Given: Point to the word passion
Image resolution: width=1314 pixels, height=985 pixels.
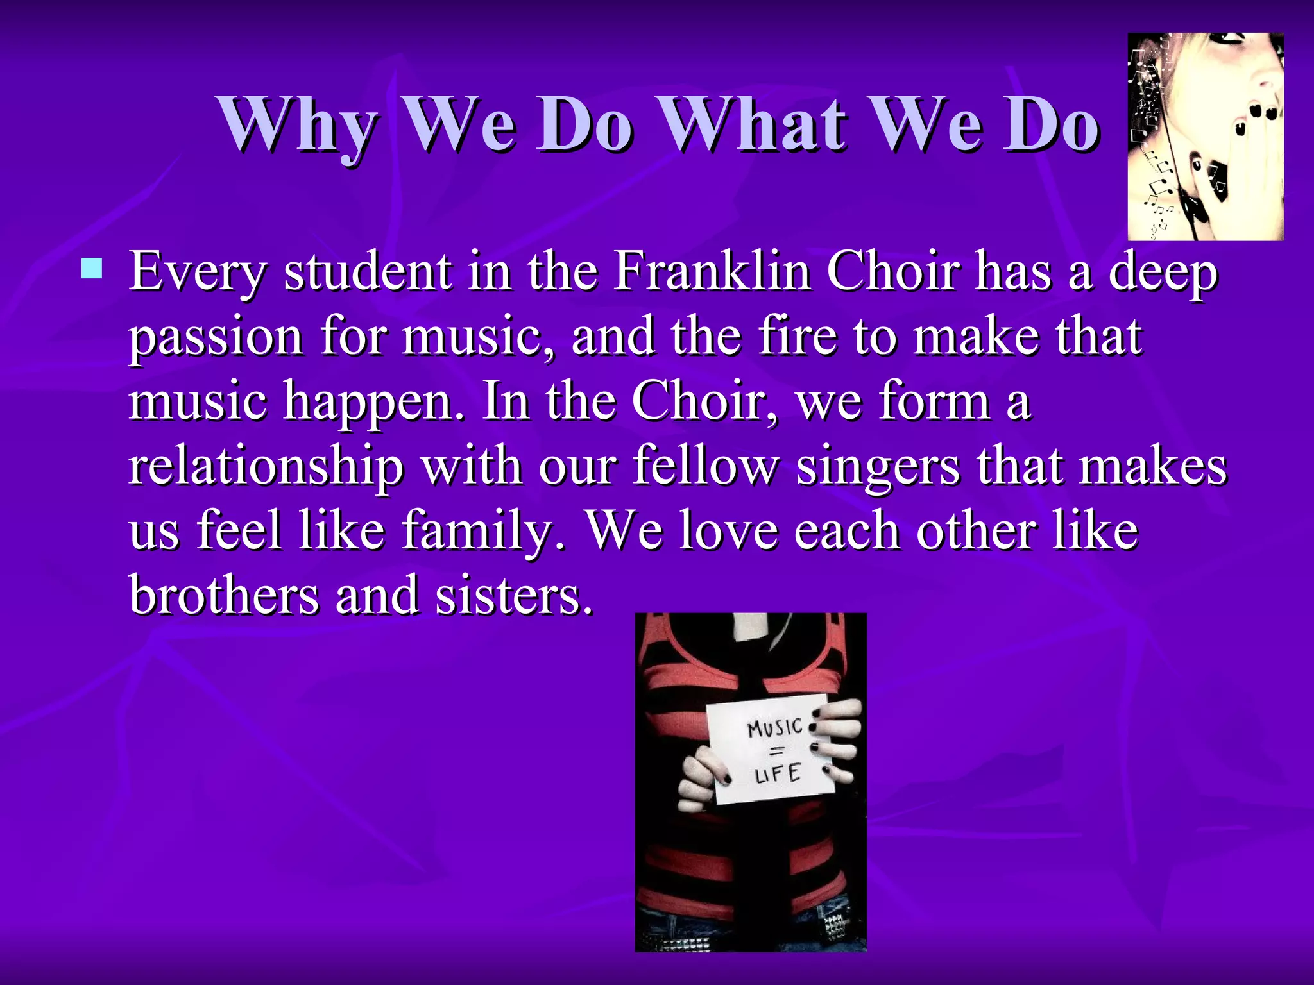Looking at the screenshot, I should coord(216,338).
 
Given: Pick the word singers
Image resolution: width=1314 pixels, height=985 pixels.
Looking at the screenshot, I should coord(878,467).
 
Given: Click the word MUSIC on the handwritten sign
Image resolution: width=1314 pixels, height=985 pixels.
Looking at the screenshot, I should coord(775,728).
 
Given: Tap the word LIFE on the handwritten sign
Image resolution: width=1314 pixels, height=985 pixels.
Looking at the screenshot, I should coord(777,774).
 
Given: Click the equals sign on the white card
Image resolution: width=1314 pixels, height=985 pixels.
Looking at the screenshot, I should coord(776,752).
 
